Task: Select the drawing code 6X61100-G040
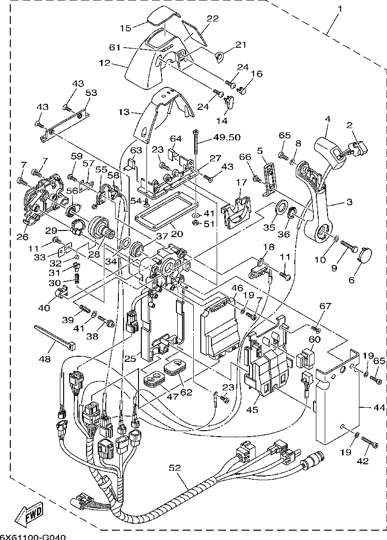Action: [33, 536]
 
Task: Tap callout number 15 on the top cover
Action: [125, 28]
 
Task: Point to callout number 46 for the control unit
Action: [237, 288]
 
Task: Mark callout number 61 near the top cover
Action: [116, 48]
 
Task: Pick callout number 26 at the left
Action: [22, 237]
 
